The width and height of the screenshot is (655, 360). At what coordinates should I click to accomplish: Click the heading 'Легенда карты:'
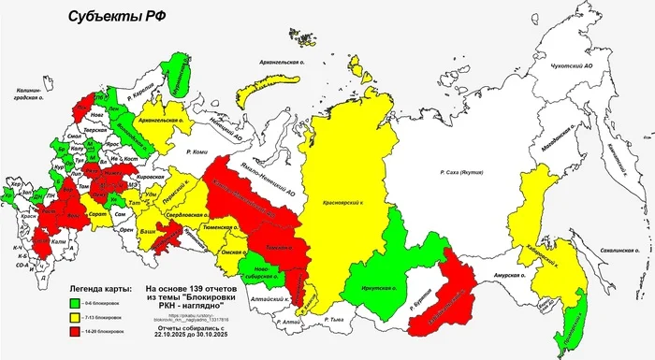pos(101,289)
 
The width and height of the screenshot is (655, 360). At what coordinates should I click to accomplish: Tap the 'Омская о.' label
pos(233,252)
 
